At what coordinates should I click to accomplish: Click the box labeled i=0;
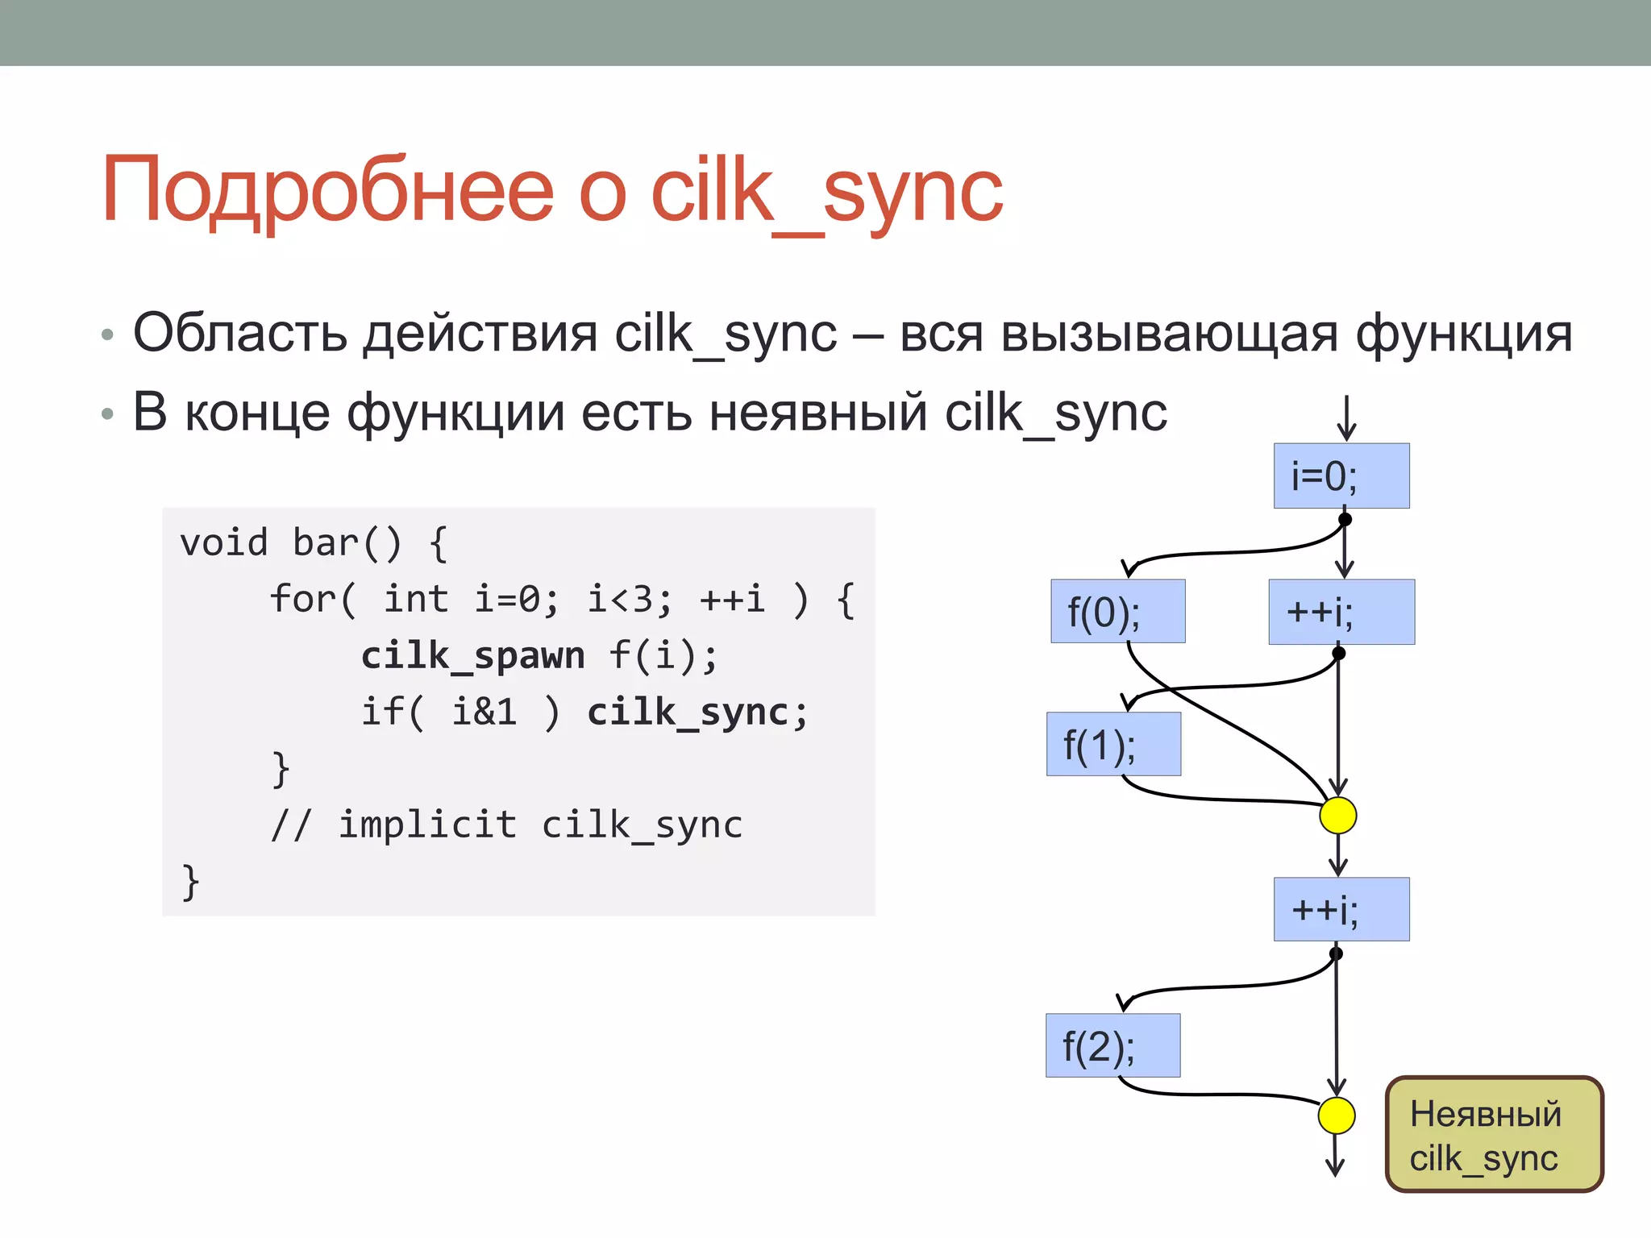tap(1341, 476)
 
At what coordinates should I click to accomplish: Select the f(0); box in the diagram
tap(1117, 612)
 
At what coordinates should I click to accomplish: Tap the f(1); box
tap(1113, 744)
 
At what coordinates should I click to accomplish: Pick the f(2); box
tap(1112, 1045)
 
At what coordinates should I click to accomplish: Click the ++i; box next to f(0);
tap(1341, 612)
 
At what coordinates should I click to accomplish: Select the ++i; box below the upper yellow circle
tap(1341, 909)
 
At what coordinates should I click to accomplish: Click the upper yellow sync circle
tap(1337, 815)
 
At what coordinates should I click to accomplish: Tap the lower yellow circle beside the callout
tap(1336, 1115)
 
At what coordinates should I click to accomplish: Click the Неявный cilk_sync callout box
tap(1494, 1134)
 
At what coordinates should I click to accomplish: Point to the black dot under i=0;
tap(1345, 519)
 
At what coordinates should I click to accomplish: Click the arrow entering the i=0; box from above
tap(1345, 418)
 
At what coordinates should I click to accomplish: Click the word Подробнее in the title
tap(327, 191)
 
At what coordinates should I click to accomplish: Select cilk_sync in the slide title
tap(826, 191)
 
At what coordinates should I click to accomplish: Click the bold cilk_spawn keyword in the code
tap(472, 655)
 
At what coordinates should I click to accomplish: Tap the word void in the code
tap(223, 542)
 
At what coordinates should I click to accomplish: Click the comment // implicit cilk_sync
tap(506, 825)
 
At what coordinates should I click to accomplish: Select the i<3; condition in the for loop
tap(629, 599)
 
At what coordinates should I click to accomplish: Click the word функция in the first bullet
tap(1463, 333)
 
